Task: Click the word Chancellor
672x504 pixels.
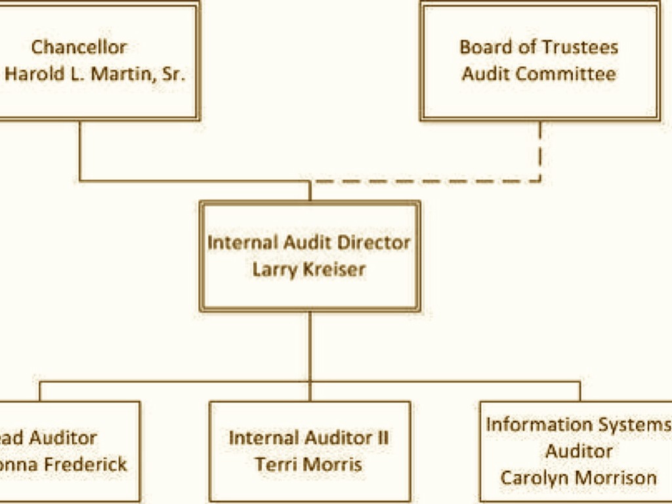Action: click(x=79, y=47)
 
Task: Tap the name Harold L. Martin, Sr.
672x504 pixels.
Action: click(x=95, y=73)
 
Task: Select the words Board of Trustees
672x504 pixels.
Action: click(x=538, y=47)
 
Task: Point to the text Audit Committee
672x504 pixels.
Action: click(x=538, y=73)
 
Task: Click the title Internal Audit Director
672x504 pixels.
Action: click(x=309, y=242)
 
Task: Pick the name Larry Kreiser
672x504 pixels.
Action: click(x=309, y=269)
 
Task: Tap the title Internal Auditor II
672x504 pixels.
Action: click(x=309, y=438)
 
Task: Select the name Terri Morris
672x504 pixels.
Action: click(x=309, y=465)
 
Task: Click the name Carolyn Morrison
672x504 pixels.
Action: click(x=578, y=478)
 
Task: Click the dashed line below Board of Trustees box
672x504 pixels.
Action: click(x=540, y=151)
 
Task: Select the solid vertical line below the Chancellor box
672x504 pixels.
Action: click(x=80, y=151)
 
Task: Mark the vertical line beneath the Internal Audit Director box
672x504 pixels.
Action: click(x=310, y=345)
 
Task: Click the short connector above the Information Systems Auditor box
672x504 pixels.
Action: click(x=579, y=391)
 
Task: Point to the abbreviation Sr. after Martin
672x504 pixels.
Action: click(x=175, y=73)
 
